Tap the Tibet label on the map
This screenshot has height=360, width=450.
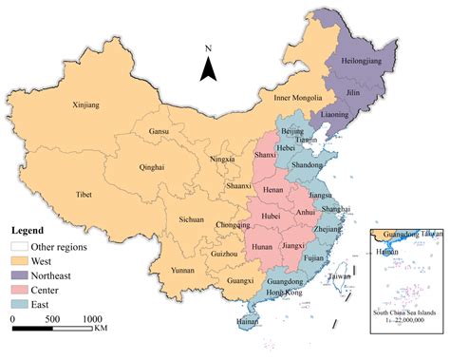pos(83,196)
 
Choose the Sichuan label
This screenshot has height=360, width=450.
pos(192,219)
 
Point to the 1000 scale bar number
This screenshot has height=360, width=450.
pos(91,320)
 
